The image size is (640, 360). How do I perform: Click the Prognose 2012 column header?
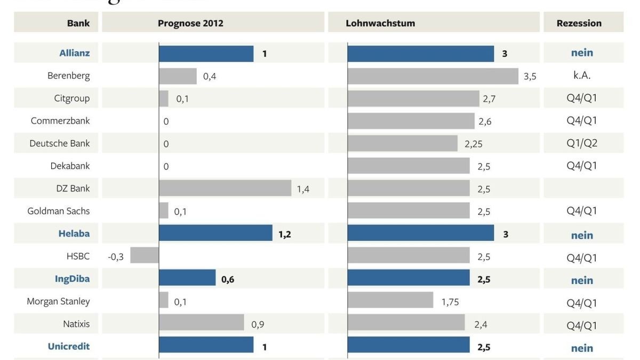tap(190, 23)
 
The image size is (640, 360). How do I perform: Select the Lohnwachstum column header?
tap(380, 23)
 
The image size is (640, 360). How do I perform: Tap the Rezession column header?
tap(579, 23)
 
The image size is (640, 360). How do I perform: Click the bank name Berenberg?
tap(68, 75)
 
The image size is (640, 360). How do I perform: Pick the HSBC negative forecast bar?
tap(145, 255)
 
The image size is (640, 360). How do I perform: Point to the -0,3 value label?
tap(116, 257)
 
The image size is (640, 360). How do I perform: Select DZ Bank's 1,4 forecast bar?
tap(225, 188)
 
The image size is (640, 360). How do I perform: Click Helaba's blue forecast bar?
tap(215, 233)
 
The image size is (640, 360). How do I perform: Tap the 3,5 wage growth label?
tap(530, 76)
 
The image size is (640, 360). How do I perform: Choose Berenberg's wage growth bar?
tap(433, 76)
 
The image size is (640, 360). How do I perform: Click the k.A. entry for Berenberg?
tap(582, 75)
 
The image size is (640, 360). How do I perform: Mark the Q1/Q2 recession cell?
tap(582, 143)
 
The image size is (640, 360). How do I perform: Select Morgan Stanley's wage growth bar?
tap(390, 300)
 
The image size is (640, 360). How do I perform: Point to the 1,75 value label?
tap(450, 302)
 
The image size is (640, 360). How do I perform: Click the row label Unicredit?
tap(69, 346)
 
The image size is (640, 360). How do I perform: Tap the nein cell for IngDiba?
tap(582, 280)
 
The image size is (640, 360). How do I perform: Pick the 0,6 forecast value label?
tap(228, 279)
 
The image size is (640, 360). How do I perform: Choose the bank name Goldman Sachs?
tap(59, 211)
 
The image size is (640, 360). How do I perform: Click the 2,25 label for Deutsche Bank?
tap(474, 144)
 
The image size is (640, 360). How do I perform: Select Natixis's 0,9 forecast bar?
tap(202, 322)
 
